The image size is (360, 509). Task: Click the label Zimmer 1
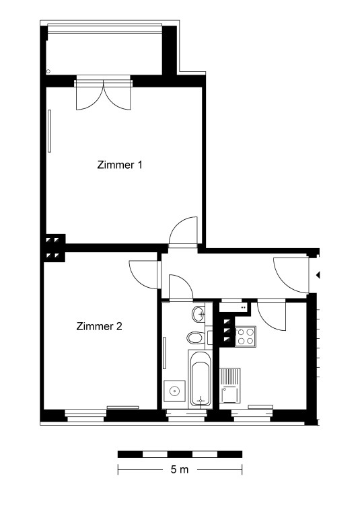coord(120,165)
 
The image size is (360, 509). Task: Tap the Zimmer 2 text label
coord(99,326)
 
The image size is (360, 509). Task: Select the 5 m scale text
coord(180,469)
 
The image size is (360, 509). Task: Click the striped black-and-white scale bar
coord(180,454)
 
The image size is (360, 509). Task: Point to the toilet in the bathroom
coord(196,338)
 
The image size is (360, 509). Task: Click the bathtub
coord(200,379)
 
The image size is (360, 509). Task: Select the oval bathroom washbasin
coord(199,314)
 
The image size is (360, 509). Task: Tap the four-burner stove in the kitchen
coord(246,336)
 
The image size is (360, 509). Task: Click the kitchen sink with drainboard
coord(230,385)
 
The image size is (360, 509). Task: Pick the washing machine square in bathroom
coord(175,391)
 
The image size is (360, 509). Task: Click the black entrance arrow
coord(318,275)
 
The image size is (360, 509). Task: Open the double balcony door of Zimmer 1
coord(104,94)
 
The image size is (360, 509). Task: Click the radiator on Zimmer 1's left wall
coord(49,131)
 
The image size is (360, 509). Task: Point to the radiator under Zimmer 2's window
coord(123,407)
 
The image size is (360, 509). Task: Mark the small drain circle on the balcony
coord(48,71)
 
